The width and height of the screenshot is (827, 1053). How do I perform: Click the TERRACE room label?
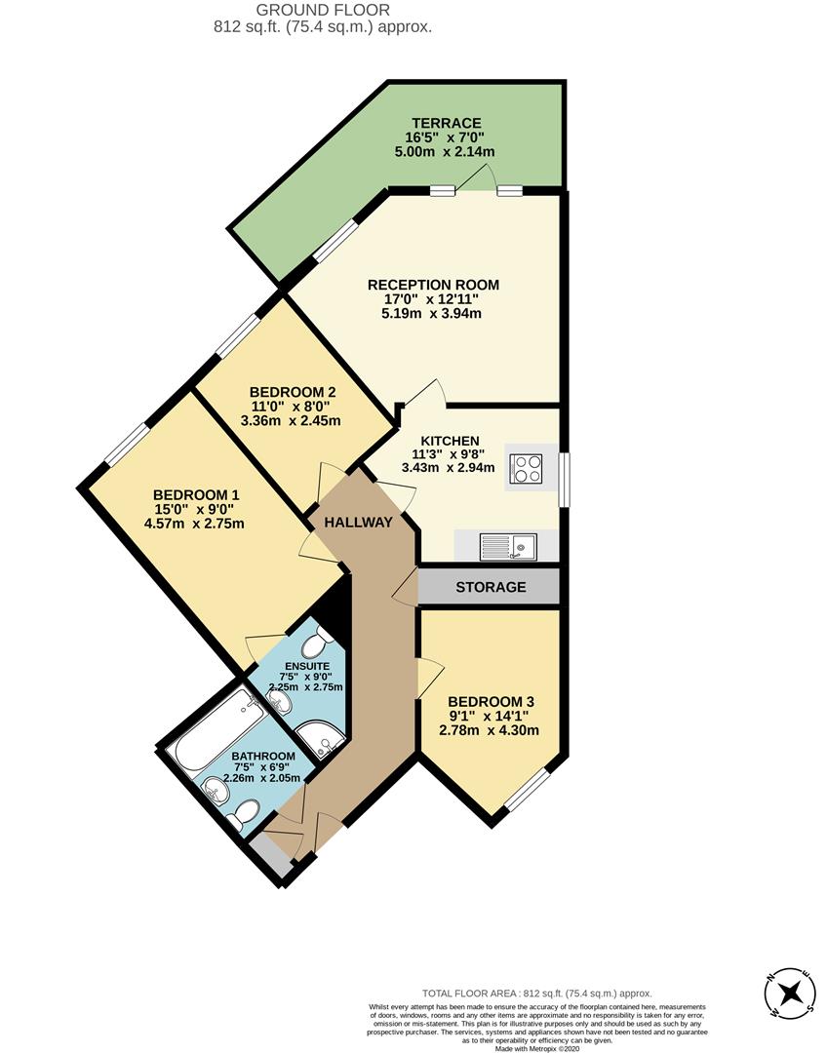(x=446, y=123)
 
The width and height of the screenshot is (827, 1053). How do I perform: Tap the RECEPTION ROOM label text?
(x=433, y=285)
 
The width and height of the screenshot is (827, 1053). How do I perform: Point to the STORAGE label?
(x=490, y=587)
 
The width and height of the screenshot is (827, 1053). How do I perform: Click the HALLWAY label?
(x=358, y=523)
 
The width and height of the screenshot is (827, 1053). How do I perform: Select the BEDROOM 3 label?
(x=490, y=701)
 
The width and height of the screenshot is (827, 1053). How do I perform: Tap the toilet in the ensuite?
(x=315, y=644)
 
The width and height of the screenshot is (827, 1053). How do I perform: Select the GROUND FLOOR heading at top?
(x=323, y=10)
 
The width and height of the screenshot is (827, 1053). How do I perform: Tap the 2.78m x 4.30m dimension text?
(x=490, y=730)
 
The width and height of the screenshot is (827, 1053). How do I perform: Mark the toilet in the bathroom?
(x=244, y=815)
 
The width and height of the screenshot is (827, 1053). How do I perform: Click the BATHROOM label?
(x=262, y=756)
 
